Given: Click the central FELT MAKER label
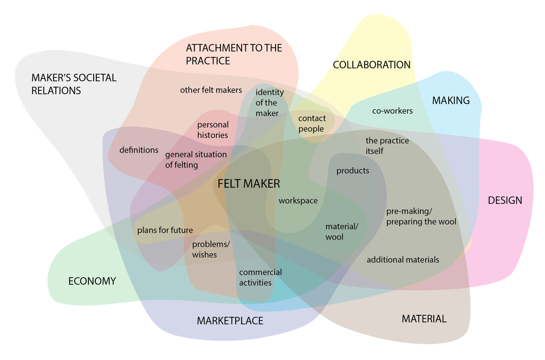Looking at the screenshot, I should coord(249,184).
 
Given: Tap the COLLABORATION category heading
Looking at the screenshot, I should coord(371,65).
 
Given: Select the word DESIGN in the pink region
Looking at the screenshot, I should coord(505,201).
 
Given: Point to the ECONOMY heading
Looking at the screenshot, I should coord(92,281).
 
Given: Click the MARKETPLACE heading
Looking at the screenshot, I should coord(230,321).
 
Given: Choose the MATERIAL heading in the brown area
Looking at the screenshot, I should coord(424,319).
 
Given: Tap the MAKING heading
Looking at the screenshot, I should coord(451,101).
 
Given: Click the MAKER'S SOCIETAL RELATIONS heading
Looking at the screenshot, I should coord(73,84).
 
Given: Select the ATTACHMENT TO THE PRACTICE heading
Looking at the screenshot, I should coord(234,54).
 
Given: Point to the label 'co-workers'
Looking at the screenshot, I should coord(392,111).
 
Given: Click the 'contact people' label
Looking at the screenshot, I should coord(311,124).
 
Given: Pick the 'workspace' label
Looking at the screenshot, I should coord(298,201).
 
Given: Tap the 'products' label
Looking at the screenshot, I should coord(352,171).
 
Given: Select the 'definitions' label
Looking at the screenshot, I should coord(139,150).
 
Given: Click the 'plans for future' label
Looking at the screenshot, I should coord(165,230).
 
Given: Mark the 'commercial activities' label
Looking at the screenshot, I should coord(260,277).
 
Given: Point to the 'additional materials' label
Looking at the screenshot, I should coord(403,260).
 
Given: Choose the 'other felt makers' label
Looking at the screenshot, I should coord(211,90).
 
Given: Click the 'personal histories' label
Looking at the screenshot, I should coord(213,130).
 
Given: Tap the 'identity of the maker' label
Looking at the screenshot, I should coord(269,103).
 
